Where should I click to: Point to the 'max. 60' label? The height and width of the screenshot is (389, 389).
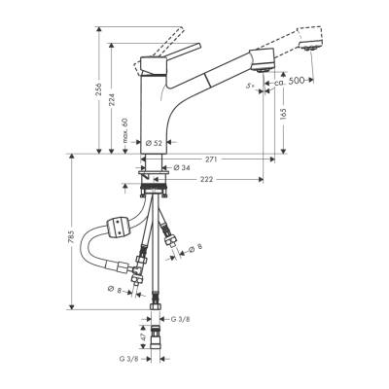tap(126, 130)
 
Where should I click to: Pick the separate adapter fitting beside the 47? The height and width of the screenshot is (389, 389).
tap(159, 345)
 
